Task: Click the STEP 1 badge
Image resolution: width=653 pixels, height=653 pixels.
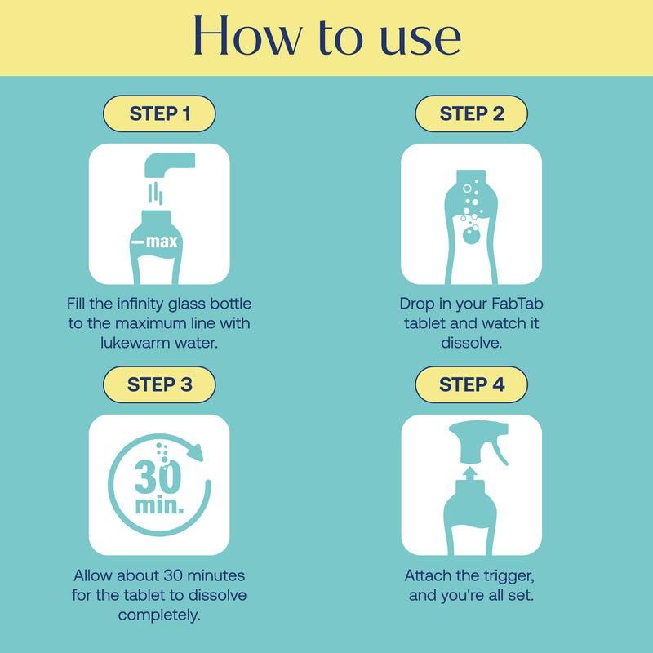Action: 160,114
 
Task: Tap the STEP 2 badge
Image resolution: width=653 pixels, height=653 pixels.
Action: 471,114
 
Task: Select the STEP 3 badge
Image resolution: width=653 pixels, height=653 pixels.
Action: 160,384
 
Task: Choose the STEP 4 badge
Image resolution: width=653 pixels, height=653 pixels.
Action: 471,384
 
